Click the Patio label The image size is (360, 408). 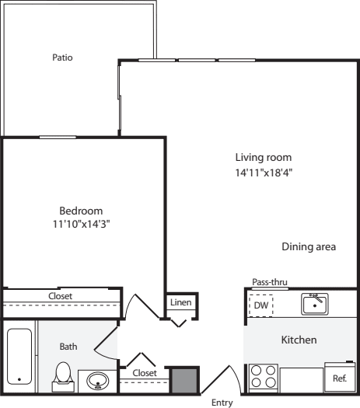[x=62, y=57]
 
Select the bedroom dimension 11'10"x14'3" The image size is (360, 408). [x=81, y=226]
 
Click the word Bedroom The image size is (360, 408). [x=81, y=211]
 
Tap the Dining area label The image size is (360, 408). [x=309, y=247]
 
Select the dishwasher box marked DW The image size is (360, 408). [x=260, y=305]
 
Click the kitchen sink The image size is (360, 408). [x=315, y=303]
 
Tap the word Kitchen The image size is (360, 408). [x=299, y=340]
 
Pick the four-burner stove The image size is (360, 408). [x=263, y=378]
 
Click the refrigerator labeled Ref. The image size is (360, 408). [x=339, y=378]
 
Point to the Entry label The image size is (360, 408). [x=222, y=403]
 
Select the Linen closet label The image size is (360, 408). [x=180, y=302]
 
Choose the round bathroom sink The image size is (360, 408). [x=98, y=381]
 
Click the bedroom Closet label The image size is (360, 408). [x=61, y=296]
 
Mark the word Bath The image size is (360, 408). [x=68, y=347]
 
